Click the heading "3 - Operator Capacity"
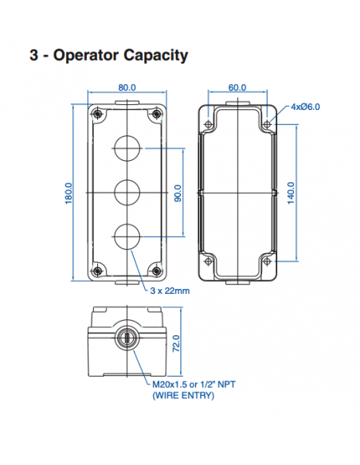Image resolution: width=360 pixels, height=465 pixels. coord(108,55)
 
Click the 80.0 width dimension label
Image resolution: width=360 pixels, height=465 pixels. coord(127,88)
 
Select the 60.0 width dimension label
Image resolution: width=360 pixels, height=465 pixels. coord(237,88)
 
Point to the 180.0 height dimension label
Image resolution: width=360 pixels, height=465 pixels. coord(68,193)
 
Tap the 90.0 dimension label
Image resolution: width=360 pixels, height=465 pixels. coord(178,193)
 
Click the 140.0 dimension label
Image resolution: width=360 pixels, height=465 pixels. coord(291,193)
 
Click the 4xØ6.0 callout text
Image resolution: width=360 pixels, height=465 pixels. coord(305,107)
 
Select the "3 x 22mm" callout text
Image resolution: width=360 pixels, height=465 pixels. coord(169,291)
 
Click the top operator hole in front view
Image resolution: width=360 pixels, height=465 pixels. coord(127,148)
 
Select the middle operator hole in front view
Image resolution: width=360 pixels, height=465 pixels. coord(127,192)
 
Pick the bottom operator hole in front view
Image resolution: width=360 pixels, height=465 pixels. coord(127,236)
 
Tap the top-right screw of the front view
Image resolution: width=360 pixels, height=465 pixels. coord(157,113)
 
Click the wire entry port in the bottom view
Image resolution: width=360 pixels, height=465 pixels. coord(127,338)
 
